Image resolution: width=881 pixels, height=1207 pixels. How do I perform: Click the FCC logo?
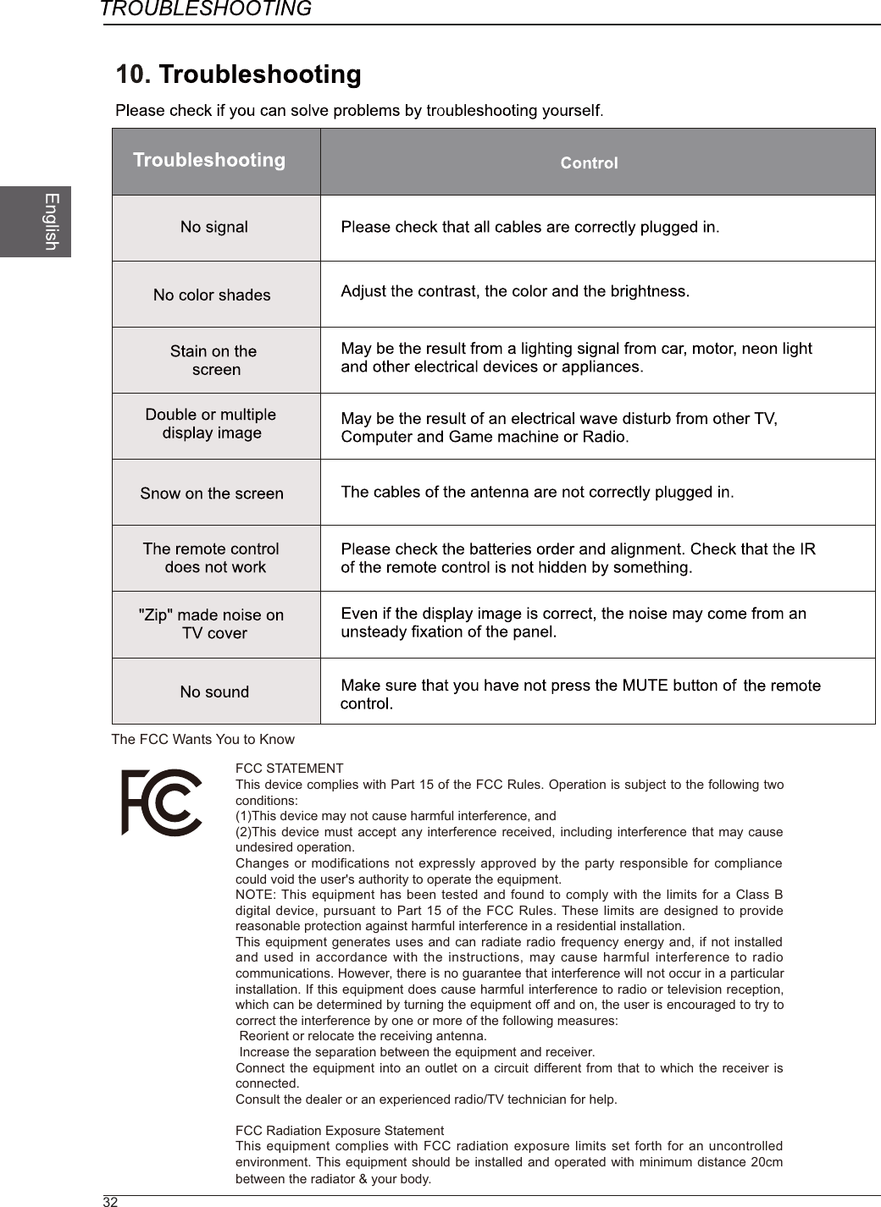click(x=162, y=802)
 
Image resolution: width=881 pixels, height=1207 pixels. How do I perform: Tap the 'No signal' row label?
click(x=214, y=227)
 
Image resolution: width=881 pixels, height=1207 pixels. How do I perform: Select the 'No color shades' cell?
click(x=212, y=295)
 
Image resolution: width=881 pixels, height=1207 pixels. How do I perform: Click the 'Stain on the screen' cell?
click(x=213, y=360)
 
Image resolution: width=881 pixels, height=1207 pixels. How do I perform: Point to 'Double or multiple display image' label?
click(x=211, y=423)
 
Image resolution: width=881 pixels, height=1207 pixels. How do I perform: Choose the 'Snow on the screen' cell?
click(x=212, y=493)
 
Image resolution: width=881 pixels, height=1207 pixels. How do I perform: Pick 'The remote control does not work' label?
click(x=212, y=558)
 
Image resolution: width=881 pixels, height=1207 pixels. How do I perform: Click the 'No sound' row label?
click(x=214, y=692)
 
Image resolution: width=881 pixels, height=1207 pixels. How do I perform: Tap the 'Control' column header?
click(x=589, y=163)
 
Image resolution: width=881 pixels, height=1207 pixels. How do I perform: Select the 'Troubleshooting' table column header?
click(x=209, y=160)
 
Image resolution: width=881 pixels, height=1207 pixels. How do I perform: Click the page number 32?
click(x=110, y=1202)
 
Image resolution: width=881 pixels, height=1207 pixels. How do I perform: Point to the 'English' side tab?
click(x=52, y=221)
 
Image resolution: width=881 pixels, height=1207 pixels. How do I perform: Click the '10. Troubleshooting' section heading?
click(x=239, y=75)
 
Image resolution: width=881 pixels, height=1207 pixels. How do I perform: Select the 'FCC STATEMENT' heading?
click(x=289, y=769)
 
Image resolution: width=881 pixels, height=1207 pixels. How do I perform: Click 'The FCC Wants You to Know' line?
click(x=203, y=739)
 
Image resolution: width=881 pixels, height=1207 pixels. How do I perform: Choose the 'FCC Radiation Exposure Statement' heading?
click(x=339, y=1131)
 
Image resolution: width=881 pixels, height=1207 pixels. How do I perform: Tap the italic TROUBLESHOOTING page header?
click(x=206, y=9)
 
